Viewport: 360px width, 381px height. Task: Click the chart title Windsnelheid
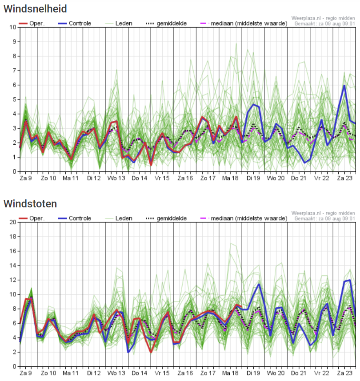(x=36, y=8)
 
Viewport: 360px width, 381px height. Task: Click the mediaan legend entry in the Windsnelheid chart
(x=249, y=23)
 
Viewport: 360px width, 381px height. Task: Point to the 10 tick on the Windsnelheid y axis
(x=13, y=28)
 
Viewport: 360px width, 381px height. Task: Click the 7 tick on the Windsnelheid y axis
(x=14, y=71)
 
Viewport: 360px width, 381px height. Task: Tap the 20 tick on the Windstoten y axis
(x=13, y=222)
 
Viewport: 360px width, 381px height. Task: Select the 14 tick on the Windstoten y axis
(x=13, y=266)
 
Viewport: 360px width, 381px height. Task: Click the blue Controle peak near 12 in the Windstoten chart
(x=350, y=280)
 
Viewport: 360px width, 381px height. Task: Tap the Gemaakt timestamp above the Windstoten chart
(x=325, y=218)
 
